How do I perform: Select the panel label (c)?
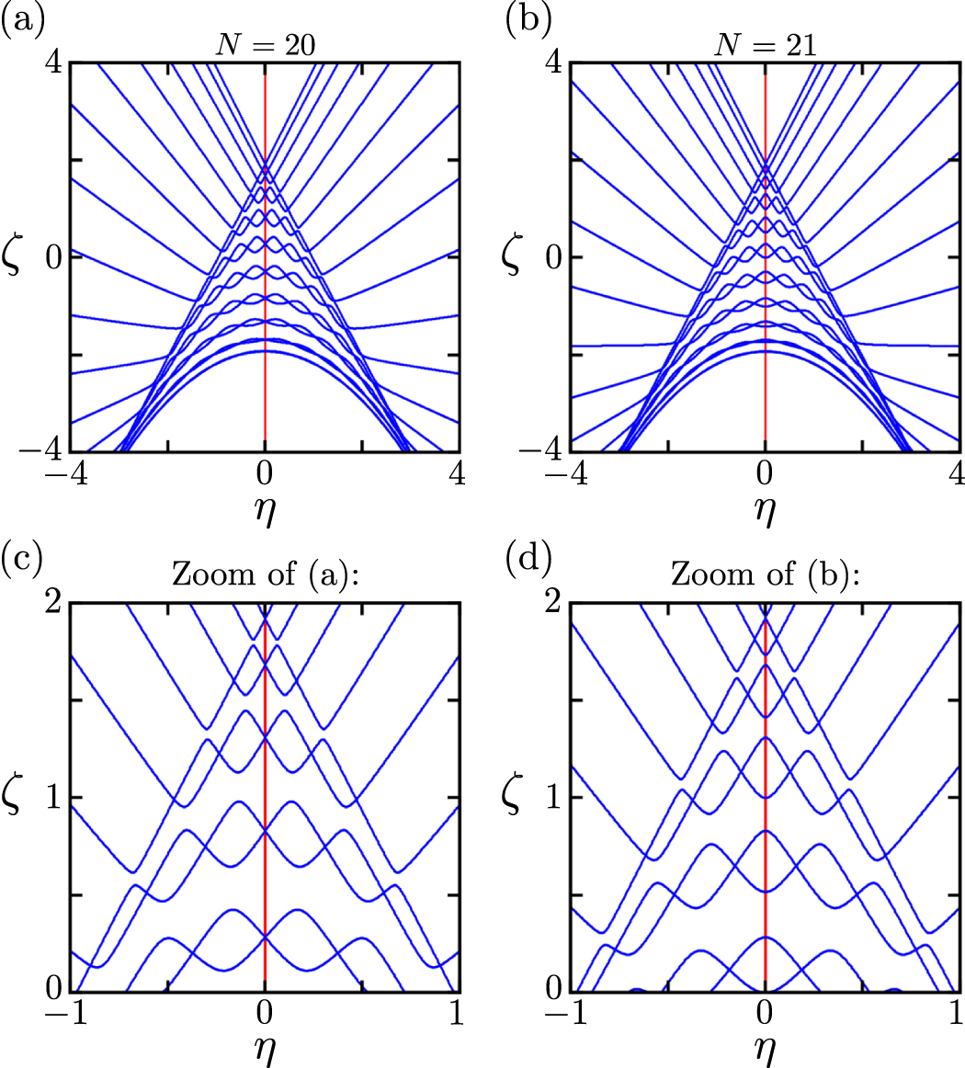[x=20, y=560]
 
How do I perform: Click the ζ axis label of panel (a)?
[x=21, y=258]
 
